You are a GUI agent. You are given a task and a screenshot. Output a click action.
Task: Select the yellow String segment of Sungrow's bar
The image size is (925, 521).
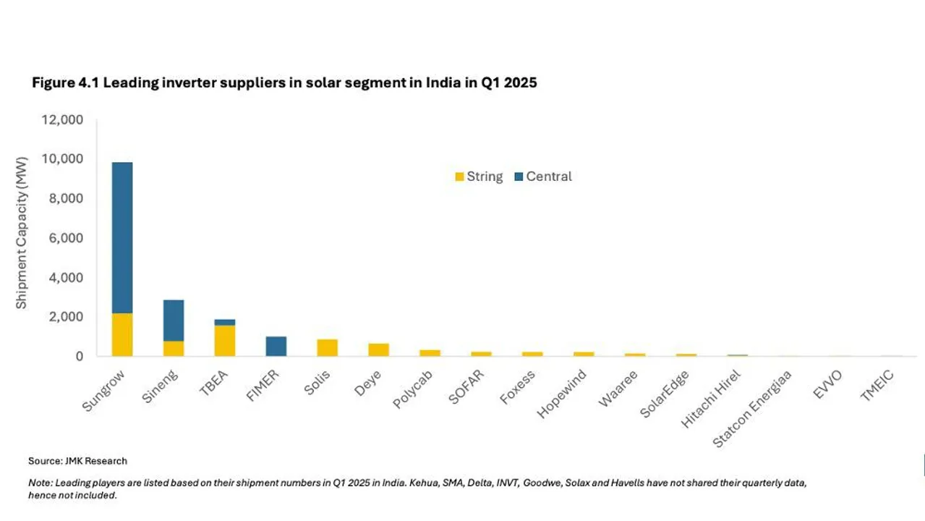click(x=122, y=334)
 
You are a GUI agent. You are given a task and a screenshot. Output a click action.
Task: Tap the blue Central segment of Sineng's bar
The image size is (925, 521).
click(x=173, y=320)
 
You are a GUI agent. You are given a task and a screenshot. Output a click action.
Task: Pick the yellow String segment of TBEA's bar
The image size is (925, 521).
click(x=224, y=340)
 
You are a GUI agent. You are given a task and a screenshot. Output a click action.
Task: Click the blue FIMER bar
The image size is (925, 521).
click(x=276, y=346)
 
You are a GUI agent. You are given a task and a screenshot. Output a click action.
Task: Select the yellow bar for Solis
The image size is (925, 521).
click(x=327, y=347)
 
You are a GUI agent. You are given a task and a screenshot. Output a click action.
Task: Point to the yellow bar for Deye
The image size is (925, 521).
click(x=378, y=350)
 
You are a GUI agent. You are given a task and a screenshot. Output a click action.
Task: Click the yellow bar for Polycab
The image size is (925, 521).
click(x=430, y=353)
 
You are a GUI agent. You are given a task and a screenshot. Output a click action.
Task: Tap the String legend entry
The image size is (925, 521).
click(x=478, y=177)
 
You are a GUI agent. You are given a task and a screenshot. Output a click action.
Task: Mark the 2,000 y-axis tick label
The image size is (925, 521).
click(x=65, y=317)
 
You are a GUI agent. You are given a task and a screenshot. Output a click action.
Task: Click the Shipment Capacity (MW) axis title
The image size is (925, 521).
click(x=22, y=232)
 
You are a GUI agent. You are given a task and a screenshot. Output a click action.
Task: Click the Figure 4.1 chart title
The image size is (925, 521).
click(x=284, y=82)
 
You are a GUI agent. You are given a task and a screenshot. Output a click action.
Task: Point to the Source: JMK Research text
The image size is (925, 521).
click(x=77, y=461)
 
